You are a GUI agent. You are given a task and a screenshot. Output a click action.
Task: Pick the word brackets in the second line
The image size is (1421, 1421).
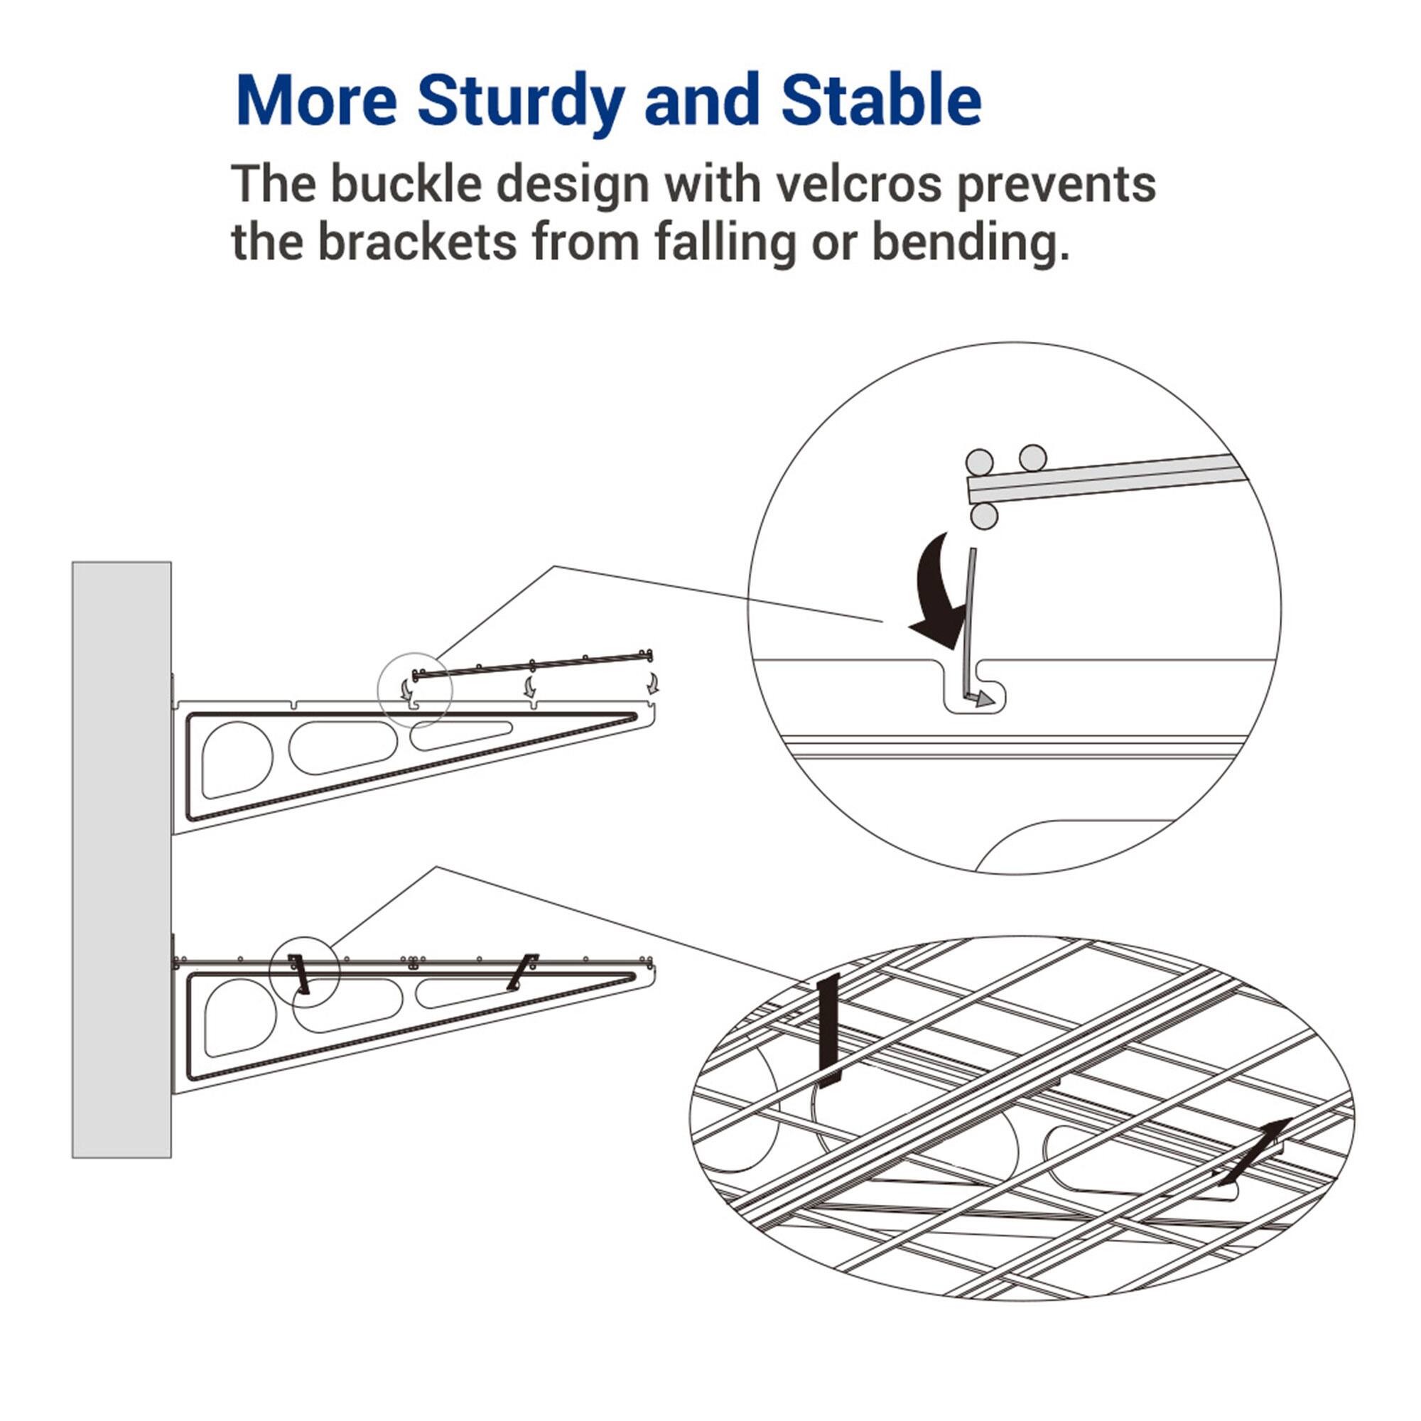click(x=417, y=244)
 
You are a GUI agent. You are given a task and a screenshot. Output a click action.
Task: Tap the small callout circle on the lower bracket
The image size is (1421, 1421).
click(x=304, y=973)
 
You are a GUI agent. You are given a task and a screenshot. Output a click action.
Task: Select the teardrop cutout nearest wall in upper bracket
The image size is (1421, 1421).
click(x=235, y=760)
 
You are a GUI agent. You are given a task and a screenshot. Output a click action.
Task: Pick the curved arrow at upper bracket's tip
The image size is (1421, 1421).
click(x=652, y=684)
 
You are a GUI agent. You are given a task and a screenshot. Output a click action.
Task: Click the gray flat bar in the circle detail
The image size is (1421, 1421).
click(x=1103, y=478)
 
